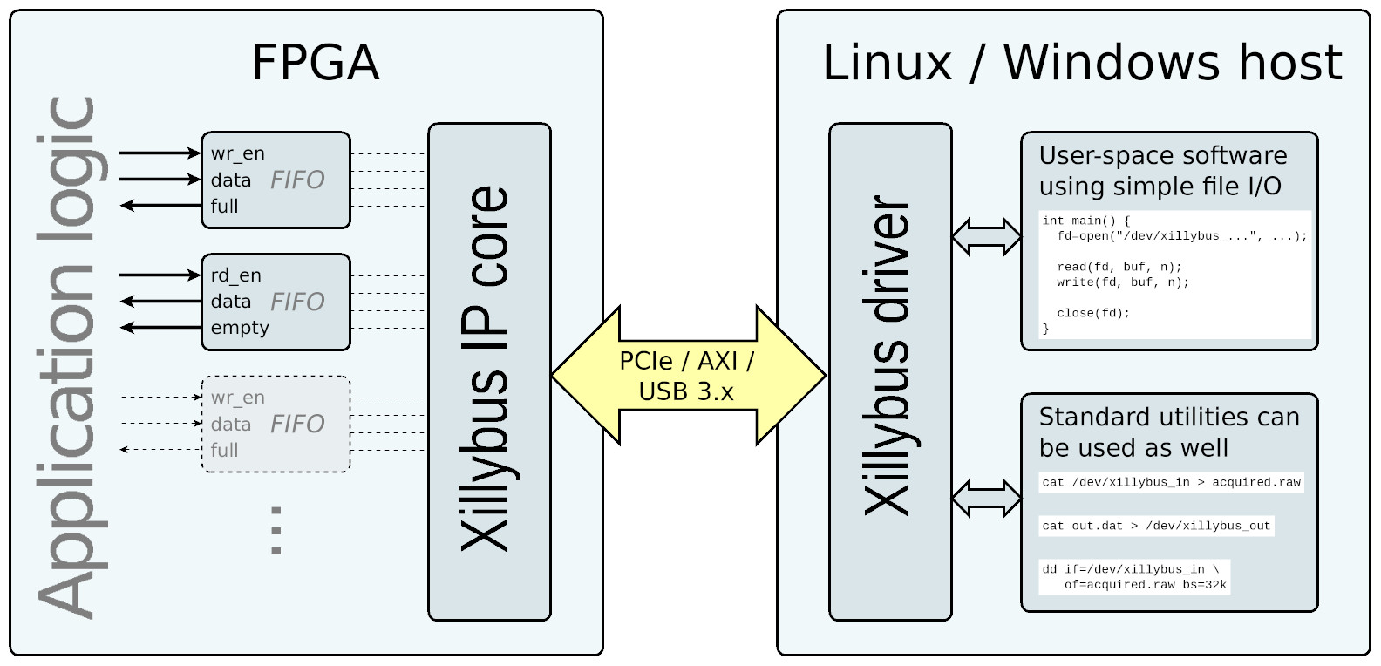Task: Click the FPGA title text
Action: pyautogui.click(x=316, y=63)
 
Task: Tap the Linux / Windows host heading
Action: pyautogui.click(x=1082, y=63)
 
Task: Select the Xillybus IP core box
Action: pyautogui.click(x=488, y=371)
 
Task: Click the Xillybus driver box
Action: pyautogui.click(x=889, y=371)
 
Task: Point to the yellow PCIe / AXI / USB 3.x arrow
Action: pyautogui.click(x=687, y=376)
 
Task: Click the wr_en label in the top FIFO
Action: pyautogui.click(x=237, y=154)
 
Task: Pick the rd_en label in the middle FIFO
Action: pyautogui.click(x=235, y=275)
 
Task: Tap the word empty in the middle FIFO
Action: pyautogui.click(x=240, y=328)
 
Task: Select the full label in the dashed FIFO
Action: pyautogui.click(x=224, y=451)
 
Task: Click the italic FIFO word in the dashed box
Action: pyautogui.click(x=297, y=424)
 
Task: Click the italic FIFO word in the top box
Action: pyautogui.click(x=297, y=180)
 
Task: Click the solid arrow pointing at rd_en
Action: pyautogui.click(x=160, y=275)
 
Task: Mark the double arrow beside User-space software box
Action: pyautogui.click(x=986, y=236)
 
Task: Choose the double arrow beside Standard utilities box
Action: pyautogui.click(x=986, y=498)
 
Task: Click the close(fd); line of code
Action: pyautogui.click(x=1093, y=313)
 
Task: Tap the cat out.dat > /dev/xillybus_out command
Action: pyautogui.click(x=1156, y=526)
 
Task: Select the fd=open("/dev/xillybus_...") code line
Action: pyautogui.click(x=1181, y=236)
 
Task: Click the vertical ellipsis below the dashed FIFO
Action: pyautogui.click(x=276, y=530)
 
